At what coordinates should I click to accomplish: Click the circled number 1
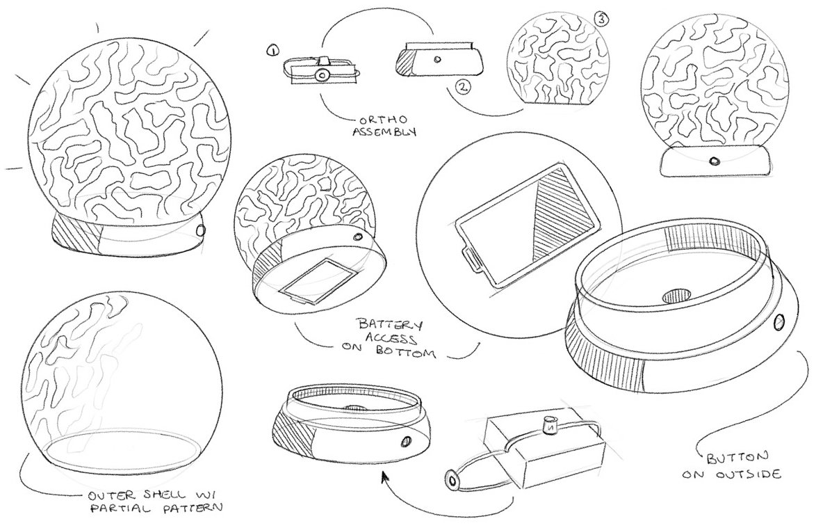(272, 51)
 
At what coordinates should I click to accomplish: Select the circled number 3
(601, 19)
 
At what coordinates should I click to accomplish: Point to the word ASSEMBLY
(384, 131)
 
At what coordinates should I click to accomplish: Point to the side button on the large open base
(780, 323)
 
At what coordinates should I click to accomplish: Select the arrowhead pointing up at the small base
(385, 478)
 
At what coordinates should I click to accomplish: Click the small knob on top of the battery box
(548, 426)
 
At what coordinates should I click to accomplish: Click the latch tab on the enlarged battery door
(470, 259)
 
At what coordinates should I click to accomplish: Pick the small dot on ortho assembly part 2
(437, 59)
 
